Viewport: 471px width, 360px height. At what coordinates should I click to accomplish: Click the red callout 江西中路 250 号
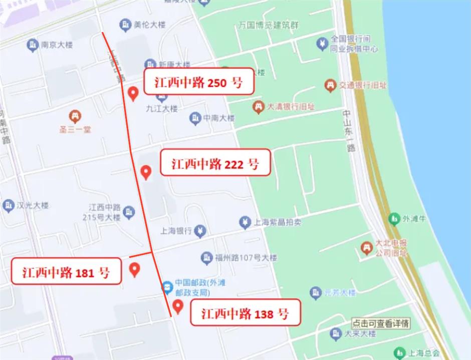point(199,82)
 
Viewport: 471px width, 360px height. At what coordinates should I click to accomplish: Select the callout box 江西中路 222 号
point(215,163)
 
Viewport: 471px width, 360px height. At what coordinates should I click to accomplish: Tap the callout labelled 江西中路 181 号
point(66,272)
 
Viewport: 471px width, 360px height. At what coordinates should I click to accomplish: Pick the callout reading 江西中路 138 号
point(245,313)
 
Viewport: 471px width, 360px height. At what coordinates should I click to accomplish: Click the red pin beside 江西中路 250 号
point(133,93)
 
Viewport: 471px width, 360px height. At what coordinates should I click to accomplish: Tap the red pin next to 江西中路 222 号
point(146,172)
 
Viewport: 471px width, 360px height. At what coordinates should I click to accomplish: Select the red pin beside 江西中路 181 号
point(134,270)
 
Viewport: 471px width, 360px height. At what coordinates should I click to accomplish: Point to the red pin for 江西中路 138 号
point(177,306)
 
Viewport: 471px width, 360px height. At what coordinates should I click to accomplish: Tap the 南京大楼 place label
point(57,46)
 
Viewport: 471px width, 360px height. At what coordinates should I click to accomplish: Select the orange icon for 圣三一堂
point(75,116)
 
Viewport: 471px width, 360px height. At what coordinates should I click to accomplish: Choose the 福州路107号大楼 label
point(246,258)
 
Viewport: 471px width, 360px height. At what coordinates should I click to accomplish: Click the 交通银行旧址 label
point(363,86)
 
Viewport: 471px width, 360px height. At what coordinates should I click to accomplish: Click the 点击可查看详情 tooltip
point(381,323)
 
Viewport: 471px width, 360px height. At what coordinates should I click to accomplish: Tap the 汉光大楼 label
point(32,205)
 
